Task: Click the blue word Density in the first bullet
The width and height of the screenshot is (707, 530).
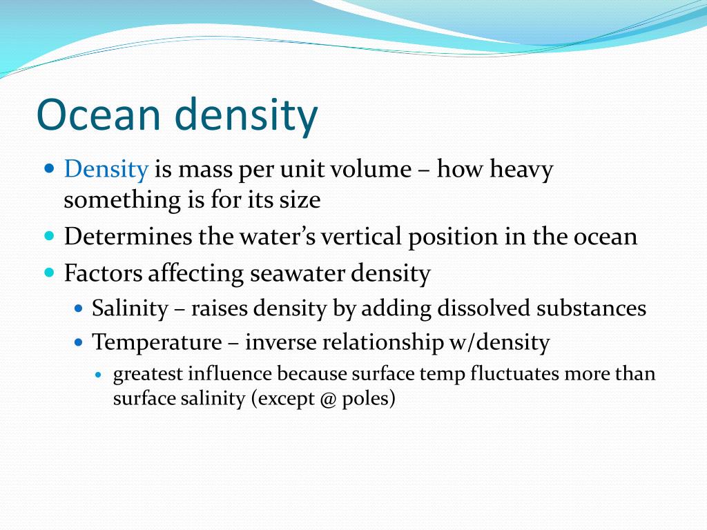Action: (106, 170)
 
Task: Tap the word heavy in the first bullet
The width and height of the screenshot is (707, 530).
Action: (521, 170)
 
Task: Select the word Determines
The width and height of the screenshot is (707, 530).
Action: (128, 237)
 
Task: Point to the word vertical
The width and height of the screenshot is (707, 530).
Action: (362, 237)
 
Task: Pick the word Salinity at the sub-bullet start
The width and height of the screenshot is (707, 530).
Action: (130, 308)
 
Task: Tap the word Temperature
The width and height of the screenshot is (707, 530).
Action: (157, 342)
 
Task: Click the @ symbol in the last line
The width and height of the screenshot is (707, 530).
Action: (327, 400)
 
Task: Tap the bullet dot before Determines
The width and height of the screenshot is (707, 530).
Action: (49, 236)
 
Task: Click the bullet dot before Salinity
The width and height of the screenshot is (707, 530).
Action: (78, 308)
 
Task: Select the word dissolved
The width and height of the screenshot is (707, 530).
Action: (483, 308)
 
